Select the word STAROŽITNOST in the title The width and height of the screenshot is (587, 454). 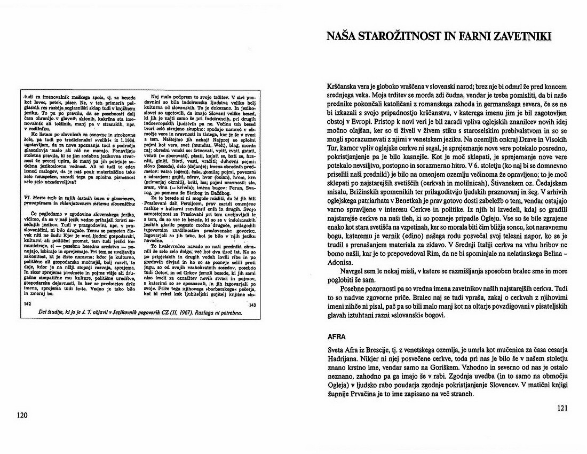point(397,36)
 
